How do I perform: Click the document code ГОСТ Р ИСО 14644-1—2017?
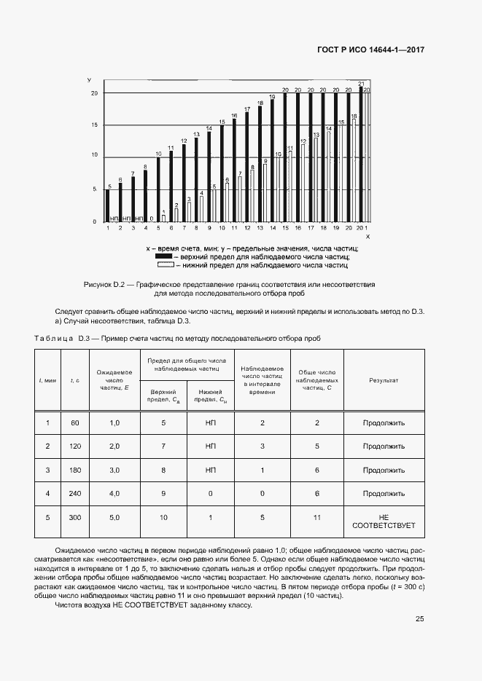pos(370,50)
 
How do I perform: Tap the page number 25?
pos(419,619)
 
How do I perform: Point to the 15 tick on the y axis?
pos(95,125)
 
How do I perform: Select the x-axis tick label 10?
pos(221,228)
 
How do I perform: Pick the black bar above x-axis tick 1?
pos(107,205)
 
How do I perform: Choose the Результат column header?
pos(383,380)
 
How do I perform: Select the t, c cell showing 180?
pos(74,471)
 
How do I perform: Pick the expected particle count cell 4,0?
pos(114,494)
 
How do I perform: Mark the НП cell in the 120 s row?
pos(211,446)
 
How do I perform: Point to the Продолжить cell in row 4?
pos(383,494)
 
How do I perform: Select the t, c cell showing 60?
pos(74,422)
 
